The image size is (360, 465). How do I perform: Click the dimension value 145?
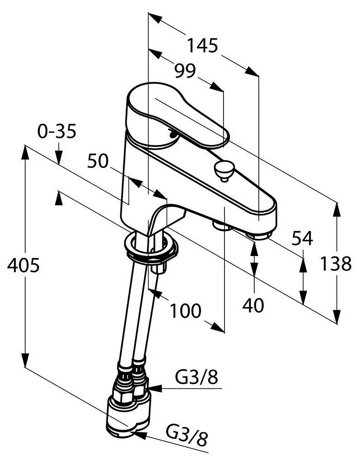pos(203,46)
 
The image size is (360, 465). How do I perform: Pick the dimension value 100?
pos(186,310)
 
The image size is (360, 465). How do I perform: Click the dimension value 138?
pos(336,264)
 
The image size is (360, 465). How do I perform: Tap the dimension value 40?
pos(253,306)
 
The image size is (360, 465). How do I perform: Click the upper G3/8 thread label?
pos(197,378)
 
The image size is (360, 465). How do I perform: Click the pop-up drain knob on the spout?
pos(223,169)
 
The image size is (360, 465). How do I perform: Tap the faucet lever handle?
pos(181,117)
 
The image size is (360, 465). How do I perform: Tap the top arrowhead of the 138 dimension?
pos(337,209)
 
